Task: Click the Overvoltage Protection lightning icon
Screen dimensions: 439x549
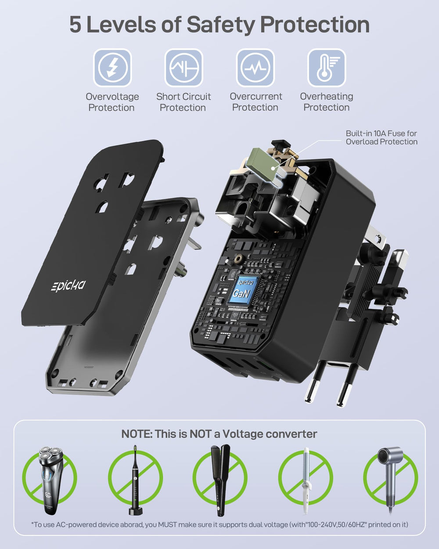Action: click(112, 68)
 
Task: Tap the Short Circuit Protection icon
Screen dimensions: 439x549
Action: click(184, 68)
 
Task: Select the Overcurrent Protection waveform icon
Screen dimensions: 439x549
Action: click(255, 68)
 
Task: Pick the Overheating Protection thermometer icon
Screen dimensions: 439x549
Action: click(327, 68)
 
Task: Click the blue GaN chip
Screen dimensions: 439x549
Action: click(243, 290)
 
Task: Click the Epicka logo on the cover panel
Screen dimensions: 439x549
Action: click(68, 285)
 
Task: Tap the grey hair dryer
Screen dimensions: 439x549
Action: click(390, 480)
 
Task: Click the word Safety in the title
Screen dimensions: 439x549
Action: click(221, 25)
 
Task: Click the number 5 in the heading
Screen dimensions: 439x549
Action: click(76, 25)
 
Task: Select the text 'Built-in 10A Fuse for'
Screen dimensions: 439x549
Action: click(381, 134)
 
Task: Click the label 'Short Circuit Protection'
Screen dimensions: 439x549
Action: click(184, 102)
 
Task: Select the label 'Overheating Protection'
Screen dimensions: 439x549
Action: click(327, 102)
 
